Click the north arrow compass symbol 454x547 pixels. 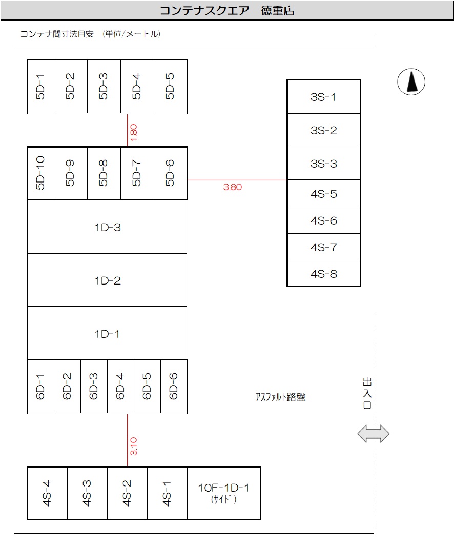(x=411, y=82)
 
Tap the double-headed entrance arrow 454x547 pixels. (x=373, y=434)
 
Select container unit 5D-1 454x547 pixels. (x=40, y=87)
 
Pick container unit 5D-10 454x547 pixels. (x=40, y=173)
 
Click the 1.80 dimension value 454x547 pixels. (x=134, y=133)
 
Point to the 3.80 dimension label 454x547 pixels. (x=232, y=187)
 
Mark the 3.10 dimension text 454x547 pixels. (x=134, y=445)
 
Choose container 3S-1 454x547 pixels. (x=323, y=97)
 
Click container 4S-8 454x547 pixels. (x=323, y=274)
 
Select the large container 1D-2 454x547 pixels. (x=107, y=280)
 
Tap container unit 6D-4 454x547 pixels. (x=120, y=387)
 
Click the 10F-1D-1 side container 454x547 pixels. (x=223, y=493)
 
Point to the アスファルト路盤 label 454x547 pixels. (x=280, y=397)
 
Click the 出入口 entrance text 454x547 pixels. (x=366, y=393)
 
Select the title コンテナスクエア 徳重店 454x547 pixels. (x=227, y=11)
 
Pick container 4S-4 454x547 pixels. (x=47, y=493)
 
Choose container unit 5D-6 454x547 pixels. (x=170, y=173)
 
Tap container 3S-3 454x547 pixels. (x=323, y=164)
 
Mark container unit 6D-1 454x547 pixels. (x=40, y=387)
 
